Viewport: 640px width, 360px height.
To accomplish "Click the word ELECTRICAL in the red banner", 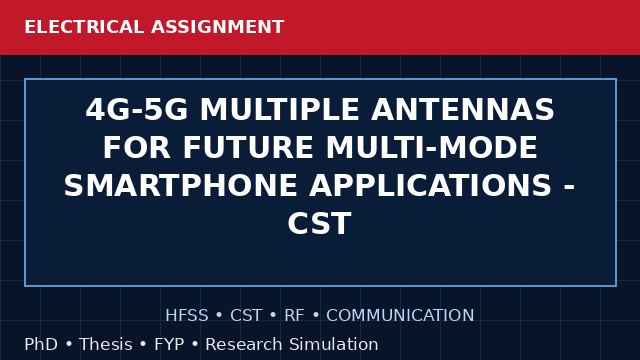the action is [x=84, y=27].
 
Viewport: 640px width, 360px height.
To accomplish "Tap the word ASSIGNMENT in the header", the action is [x=218, y=27].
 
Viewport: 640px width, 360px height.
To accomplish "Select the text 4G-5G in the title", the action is [x=137, y=109].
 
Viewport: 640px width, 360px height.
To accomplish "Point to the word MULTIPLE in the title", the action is [x=280, y=109].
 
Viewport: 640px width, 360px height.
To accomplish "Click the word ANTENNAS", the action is [x=463, y=109].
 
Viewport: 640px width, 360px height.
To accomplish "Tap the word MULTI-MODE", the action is [x=431, y=147].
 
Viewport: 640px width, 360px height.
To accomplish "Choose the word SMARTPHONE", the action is [x=180, y=185].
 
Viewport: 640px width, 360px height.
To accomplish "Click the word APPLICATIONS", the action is [x=431, y=185].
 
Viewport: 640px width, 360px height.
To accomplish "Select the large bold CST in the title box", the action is [x=320, y=223].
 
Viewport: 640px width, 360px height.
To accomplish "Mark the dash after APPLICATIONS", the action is [x=569, y=188].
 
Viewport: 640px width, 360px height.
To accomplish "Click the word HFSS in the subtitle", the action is [x=187, y=315].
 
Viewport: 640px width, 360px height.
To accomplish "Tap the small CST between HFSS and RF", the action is [x=246, y=315].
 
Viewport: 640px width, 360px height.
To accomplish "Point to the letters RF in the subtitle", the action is [x=294, y=315].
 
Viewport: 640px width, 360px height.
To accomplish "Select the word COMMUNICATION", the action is [x=400, y=315].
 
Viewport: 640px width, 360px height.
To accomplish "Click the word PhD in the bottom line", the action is [x=41, y=344].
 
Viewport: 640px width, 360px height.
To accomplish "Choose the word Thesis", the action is [x=106, y=344].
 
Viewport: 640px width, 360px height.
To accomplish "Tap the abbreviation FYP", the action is [x=169, y=344].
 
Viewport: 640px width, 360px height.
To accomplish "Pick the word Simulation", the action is [x=334, y=344].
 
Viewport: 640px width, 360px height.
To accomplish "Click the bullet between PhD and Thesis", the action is [x=69, y=344].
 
